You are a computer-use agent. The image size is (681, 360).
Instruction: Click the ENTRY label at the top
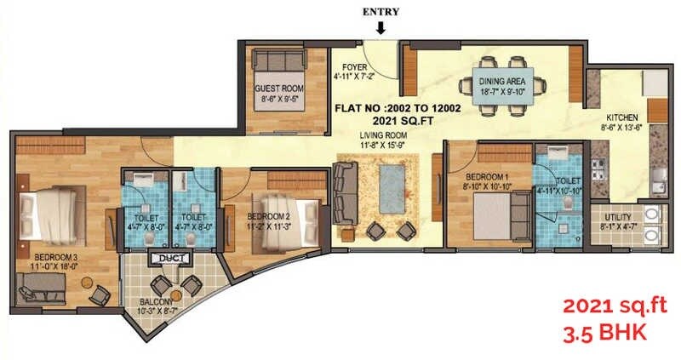(380, 11)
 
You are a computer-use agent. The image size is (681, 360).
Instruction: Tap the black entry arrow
(381, 28)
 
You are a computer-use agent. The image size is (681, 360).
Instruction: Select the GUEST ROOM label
(278, 87)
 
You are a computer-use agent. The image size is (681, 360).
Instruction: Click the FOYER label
(354, 67)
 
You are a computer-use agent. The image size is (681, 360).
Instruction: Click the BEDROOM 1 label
(485, 176)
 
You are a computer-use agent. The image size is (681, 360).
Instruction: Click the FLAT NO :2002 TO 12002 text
(398, 108)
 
